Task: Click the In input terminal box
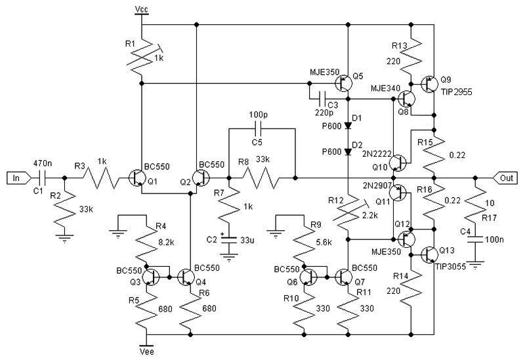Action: click(16, 177)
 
